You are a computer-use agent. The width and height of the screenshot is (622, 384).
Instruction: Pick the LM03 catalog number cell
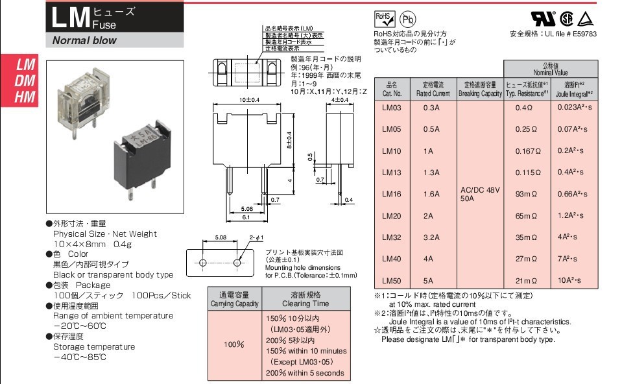[x=392, y=108]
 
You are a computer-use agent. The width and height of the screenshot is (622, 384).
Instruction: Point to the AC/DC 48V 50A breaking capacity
[x=480, y=193]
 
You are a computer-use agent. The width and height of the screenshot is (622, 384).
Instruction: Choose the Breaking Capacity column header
[x=480, y=90]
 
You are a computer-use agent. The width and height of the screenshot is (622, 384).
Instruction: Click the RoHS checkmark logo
[x=383, y=18]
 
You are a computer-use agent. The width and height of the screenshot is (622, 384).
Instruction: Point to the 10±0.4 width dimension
[x=248, y=100]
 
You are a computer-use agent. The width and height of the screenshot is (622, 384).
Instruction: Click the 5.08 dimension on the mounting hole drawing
[x=221, y=238]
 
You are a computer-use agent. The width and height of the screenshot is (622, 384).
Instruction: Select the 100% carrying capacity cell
[x=233, y=344]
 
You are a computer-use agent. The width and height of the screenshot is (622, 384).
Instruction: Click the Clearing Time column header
[x=305, y=299]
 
